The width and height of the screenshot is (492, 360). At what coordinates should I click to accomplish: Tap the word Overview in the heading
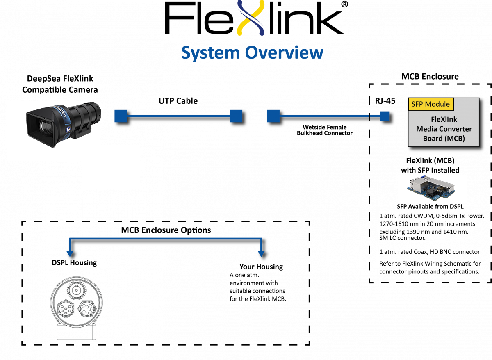pyautogui.click(x=284, y=53)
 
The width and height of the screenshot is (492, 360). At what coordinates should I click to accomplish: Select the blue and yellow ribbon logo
pyautogui.click(x=251, y=18)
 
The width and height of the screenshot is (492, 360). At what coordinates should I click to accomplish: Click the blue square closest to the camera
pyautogui.click(x=121, y=116)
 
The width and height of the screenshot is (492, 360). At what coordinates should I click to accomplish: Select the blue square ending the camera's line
pyautogui.click(x=236, y=116)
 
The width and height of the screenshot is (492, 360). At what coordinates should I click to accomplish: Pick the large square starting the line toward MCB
pyautogui.click(x=273, y=116)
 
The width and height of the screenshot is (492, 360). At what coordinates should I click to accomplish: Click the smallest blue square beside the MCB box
pyautogui.click(x=385, y=116)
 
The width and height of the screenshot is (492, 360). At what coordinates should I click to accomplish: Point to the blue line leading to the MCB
pyautogui.click(x=324, y=116)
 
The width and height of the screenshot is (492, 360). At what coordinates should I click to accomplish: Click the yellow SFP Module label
pyautogui.click(x=430, y=104)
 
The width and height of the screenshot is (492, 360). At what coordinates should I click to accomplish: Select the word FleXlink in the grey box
pyautogui.click(x=443, y=120)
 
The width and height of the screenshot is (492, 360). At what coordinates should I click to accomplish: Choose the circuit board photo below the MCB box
pyautogui.click(x=432, y=187)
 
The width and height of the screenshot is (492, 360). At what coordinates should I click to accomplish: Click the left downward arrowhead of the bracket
pyautogui.click(x=70, y=254)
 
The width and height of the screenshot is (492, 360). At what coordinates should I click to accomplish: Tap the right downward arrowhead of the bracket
pyautogui.click(x=261, y=254)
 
